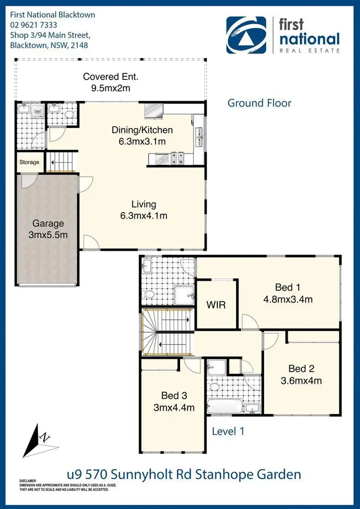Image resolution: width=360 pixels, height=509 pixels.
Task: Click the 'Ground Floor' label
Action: (259, 103)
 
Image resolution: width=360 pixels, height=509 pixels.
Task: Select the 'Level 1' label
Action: (228, 431)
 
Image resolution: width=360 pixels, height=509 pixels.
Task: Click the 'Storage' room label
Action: (29, 162)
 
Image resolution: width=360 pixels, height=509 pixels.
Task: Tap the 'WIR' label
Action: (216, 305)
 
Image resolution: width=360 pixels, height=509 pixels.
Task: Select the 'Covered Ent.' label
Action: (107, 77)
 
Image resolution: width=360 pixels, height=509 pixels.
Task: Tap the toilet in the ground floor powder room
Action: (70, 114)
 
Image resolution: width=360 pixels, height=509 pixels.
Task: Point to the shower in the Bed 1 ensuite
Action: (184, 294)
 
